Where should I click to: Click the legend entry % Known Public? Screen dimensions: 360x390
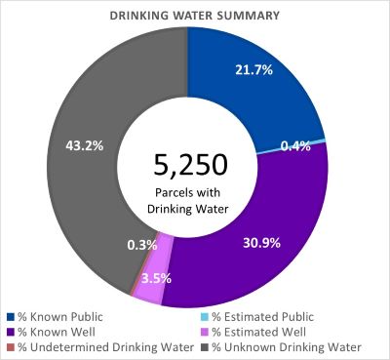coord(59,316)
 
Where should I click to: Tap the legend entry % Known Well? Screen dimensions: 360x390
coord(55,332)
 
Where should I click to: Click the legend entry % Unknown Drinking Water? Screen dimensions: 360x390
coord(280,347)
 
